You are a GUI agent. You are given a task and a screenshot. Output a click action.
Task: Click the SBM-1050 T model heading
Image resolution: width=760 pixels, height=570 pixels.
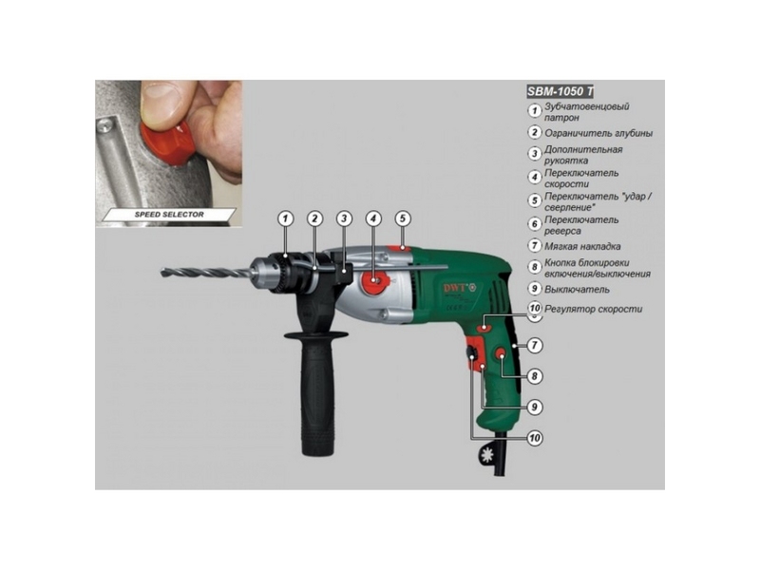coord(560,91)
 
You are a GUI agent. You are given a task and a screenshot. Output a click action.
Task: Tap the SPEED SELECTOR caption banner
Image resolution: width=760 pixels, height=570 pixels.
coord(169,215)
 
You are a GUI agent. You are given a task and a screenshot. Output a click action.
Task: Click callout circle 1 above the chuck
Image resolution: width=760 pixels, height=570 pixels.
coord(286,218)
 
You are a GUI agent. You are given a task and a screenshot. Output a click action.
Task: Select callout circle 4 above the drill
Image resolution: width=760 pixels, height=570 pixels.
coord(373,218)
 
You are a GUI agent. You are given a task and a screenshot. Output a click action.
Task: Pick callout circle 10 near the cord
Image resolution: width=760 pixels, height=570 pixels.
coord(535,438)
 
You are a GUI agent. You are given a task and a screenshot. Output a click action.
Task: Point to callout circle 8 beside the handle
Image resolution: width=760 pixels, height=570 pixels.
coord(535,376)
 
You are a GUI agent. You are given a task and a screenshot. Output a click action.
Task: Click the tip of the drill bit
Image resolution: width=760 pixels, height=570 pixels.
coord(162,273)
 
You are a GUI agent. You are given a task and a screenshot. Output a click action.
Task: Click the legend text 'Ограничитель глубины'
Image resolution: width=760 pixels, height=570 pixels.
coord(598,133)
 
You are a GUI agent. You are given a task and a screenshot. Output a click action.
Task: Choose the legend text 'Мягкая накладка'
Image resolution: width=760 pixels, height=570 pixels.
coord(582,246)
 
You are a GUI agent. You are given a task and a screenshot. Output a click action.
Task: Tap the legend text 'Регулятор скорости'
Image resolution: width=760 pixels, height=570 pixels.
coord(593,309)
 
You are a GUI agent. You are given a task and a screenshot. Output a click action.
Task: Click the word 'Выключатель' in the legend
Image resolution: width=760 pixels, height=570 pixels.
coord(577,290)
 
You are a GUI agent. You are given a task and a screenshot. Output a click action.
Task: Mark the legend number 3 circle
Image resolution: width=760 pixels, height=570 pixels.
coord(534,154)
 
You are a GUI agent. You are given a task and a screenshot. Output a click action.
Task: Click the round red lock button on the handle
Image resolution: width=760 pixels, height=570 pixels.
coord(502,355)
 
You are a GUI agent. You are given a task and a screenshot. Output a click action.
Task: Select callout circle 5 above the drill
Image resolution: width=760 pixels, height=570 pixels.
coord(403,218)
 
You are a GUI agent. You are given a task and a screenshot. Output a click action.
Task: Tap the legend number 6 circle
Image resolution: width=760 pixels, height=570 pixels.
coord(534,224)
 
